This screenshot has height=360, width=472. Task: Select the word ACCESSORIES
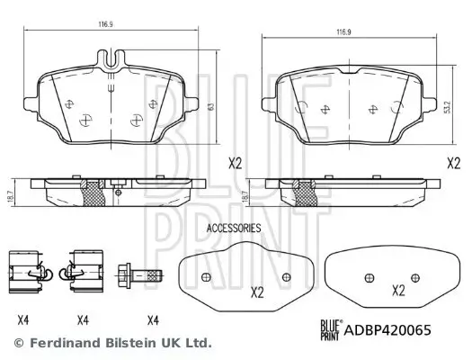point(234,229)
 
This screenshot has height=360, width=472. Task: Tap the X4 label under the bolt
point(153,318)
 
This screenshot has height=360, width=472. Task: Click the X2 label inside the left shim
point(255,292)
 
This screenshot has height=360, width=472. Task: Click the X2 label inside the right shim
point(398,291)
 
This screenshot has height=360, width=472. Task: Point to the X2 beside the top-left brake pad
point(236,163)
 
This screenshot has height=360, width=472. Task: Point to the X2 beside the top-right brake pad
point(454,163)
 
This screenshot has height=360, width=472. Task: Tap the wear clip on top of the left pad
point(112,64)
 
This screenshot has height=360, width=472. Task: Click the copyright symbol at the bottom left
point(19,343)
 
